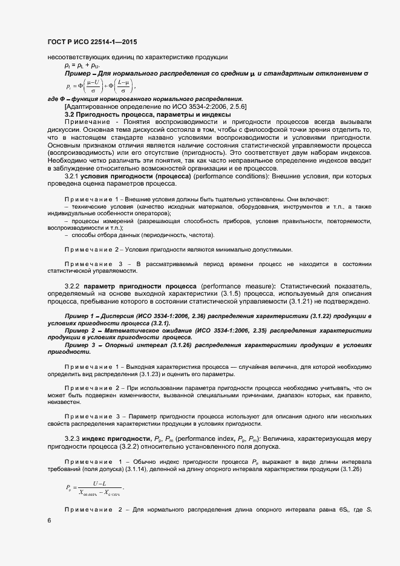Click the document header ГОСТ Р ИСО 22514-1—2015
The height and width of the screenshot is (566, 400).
[88, 42]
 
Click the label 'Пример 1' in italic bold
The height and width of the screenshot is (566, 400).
[80, 316]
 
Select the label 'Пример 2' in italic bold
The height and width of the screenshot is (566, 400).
[80, 331]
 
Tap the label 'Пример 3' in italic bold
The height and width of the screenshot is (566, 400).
[80, 345]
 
